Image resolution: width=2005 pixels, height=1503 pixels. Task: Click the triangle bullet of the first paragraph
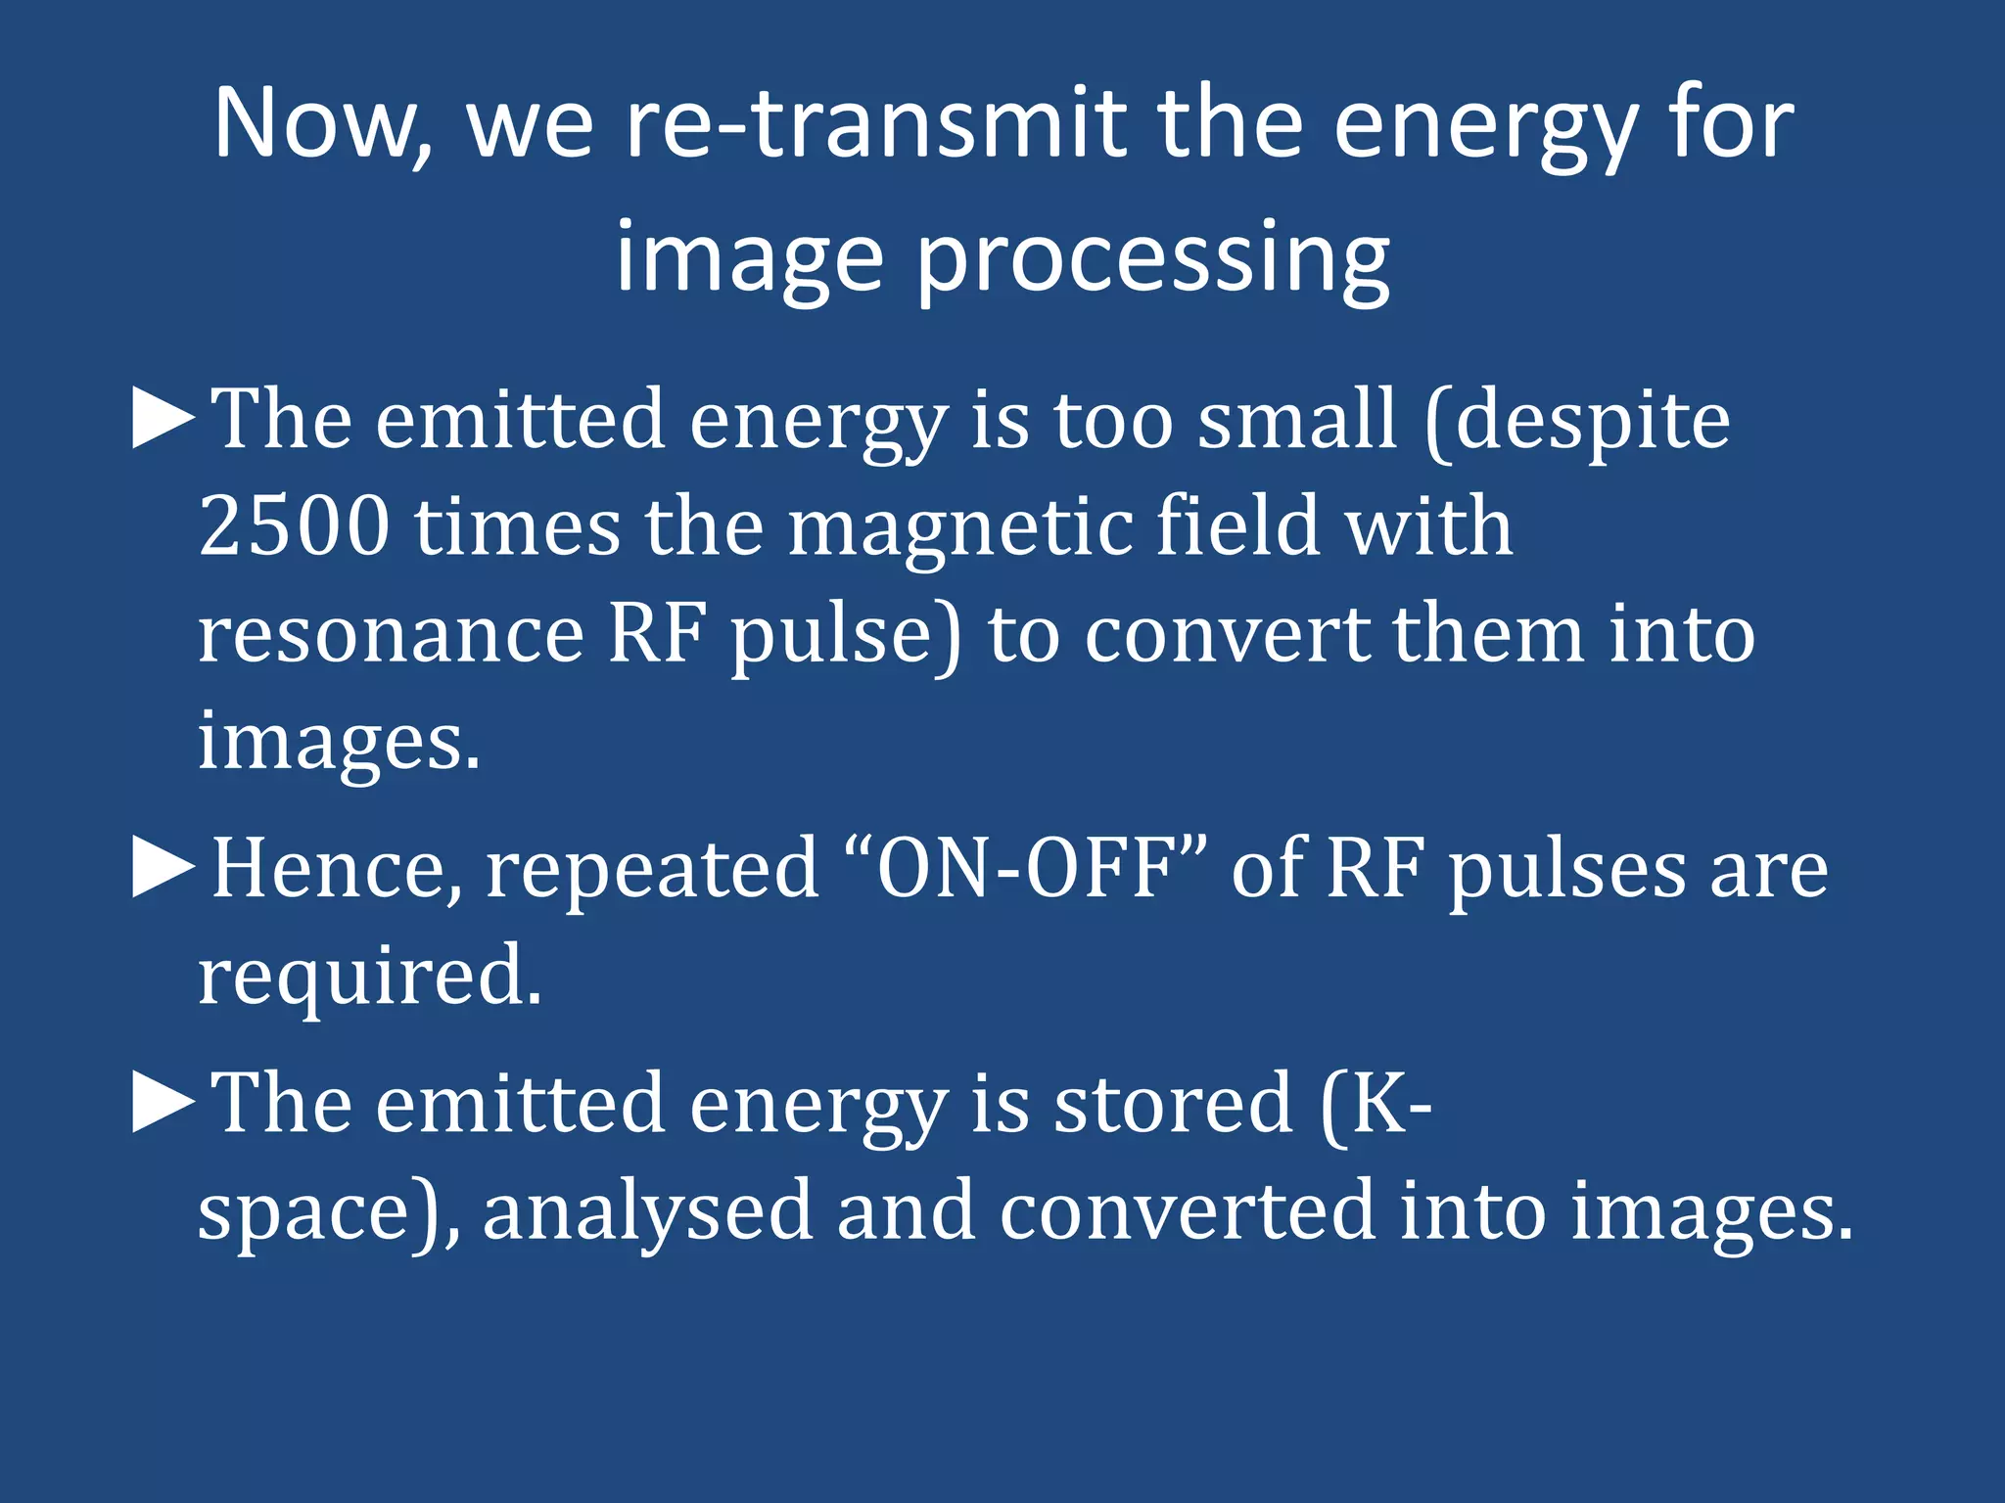tap(163, 418)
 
